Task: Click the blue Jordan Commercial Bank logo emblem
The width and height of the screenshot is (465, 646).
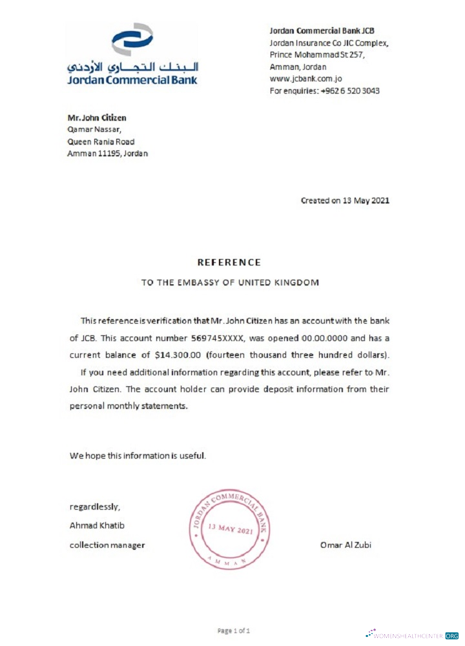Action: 132,40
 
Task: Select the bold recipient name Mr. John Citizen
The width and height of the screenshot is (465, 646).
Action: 97,118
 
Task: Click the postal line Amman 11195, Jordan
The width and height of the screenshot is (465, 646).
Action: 108,154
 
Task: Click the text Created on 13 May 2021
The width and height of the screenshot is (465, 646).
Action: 345,200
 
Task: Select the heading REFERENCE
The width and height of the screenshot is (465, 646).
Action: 229,262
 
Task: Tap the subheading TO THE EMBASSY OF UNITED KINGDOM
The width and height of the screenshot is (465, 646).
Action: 230,282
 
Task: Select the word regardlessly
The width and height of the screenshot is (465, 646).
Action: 94,506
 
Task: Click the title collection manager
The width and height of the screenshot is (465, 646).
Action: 107,545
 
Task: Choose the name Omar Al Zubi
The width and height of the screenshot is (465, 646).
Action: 346,545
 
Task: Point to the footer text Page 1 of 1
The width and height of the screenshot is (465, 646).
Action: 233,630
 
